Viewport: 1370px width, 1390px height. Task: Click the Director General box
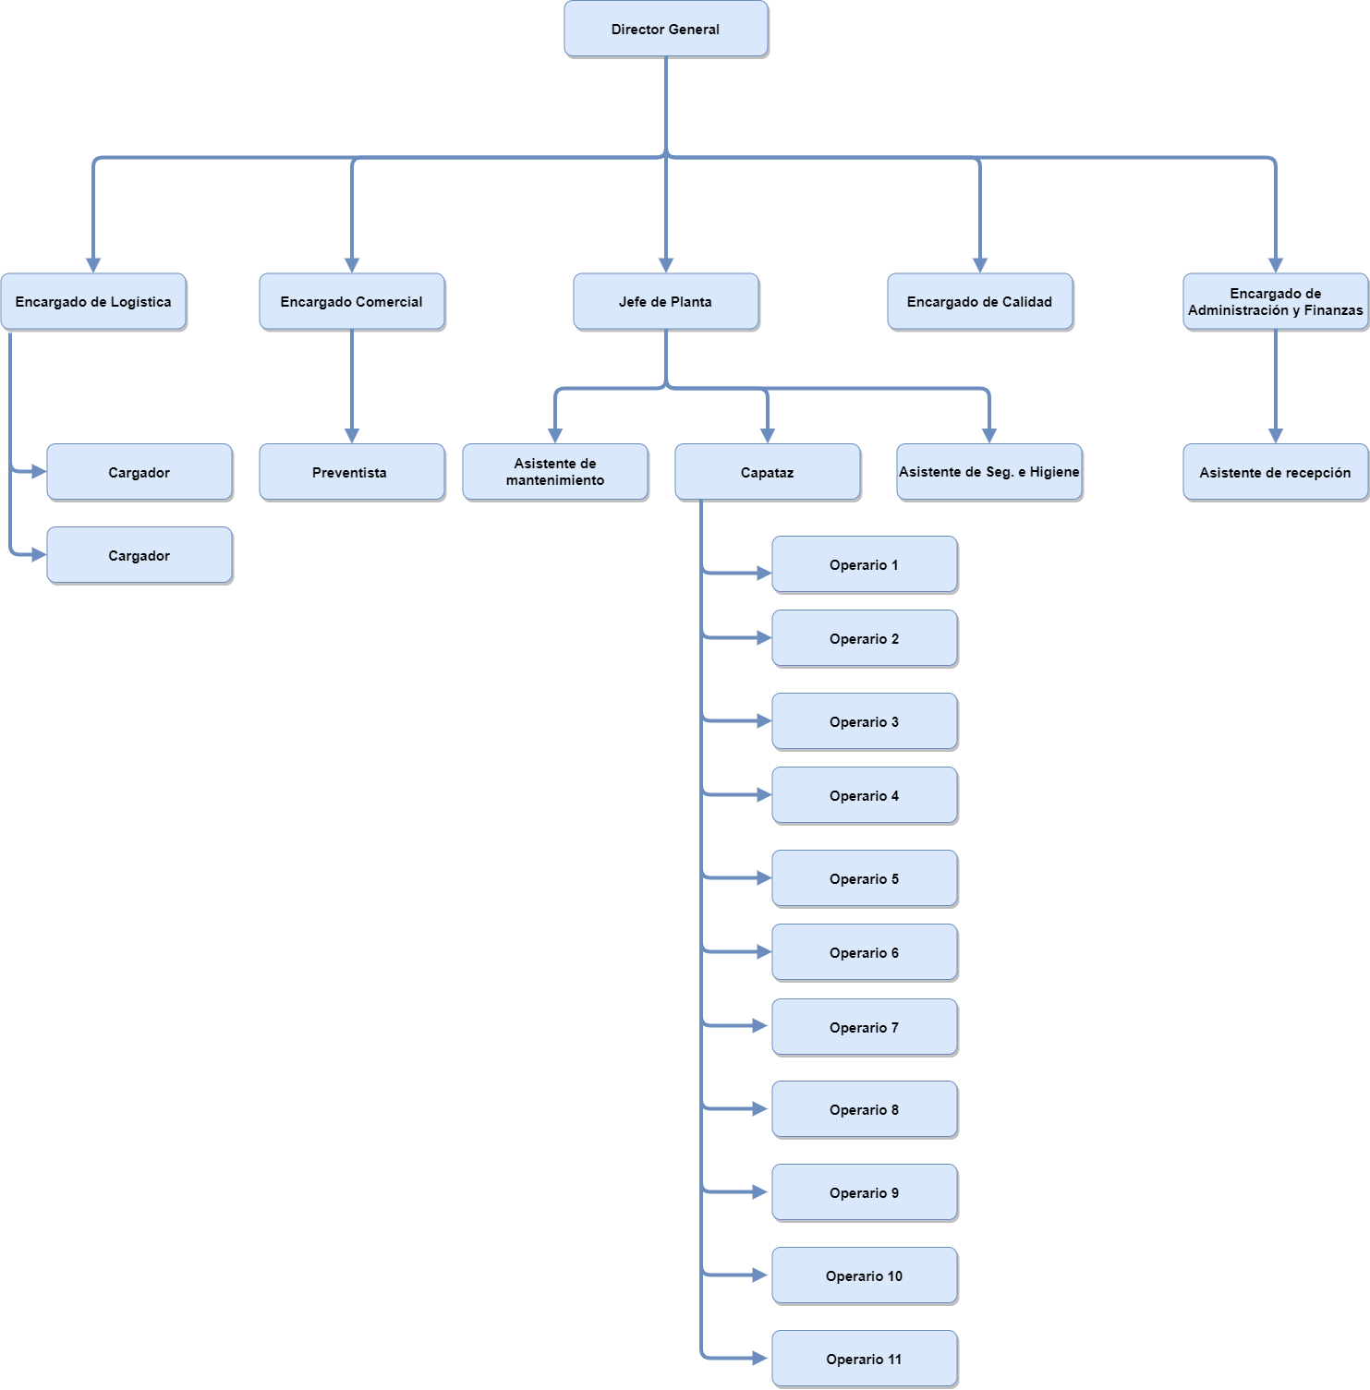tap(666, 29)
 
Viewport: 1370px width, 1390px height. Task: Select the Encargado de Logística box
tap(93, 301)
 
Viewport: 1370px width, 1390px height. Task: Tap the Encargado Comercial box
tap(352, 301)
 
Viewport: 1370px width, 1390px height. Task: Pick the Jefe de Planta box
tap(666, 301)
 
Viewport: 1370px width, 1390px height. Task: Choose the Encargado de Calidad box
tap(980, 301)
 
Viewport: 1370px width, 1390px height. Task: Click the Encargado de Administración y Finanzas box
tap(1276, 301)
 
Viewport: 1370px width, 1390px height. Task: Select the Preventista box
tap(352, 472)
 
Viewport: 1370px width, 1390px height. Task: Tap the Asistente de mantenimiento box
tap(555, 472)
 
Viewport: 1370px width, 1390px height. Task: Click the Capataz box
tap(768, 472)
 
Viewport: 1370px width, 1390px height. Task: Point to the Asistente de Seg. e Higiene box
tap(989, 472)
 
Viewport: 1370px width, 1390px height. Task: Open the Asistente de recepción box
tap(1276, 472)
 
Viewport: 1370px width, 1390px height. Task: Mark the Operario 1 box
tap(865, 564)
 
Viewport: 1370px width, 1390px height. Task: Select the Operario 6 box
tap(865, 952)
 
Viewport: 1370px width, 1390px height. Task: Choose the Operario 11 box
tap(865, 1359)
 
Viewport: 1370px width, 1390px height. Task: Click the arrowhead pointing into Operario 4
tap(764, 794)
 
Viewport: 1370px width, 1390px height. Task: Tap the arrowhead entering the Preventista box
tap(352, 436)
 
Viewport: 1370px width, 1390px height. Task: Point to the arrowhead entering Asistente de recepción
tap(1276, 436)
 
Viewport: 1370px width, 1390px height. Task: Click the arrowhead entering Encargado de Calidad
tap(980, 265)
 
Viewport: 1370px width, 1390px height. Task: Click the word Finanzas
tap(1333, 310)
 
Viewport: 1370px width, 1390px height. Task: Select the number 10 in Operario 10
tap(895, 1276)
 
